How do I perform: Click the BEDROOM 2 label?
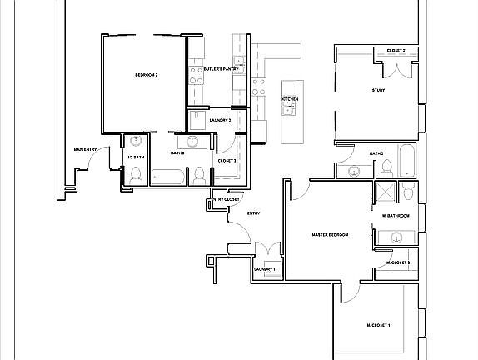(147, 76)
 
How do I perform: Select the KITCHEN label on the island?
(290, 99)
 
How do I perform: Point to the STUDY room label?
(378, 90)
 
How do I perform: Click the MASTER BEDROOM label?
(330, 235)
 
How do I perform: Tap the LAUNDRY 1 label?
(264, 269)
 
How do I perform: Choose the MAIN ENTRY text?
(86, 150)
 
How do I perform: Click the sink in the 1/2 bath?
(136, 142)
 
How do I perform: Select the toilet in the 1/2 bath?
(135, 174)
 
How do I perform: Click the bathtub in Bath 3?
(406, 157)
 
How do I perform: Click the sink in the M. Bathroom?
(396, 238)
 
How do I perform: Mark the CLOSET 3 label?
(227, 160)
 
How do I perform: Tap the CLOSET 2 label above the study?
(396, 51)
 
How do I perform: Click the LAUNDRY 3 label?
(221, 120)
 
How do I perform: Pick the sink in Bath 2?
(192, 141)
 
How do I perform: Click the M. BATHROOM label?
(396, 216)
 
